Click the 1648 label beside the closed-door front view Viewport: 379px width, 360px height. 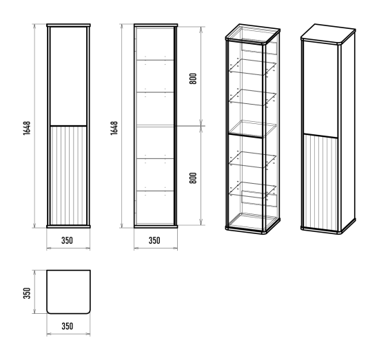tap(27, 128)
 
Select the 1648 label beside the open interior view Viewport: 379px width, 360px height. tap(114, 128)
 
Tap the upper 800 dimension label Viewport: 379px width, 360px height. tap(193, 78)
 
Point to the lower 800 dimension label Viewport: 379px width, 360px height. tap(193, 178)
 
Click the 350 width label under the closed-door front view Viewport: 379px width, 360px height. tap(67, 240)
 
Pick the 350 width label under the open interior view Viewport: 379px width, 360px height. tap(154, 240)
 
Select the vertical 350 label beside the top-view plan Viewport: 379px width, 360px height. tap(27, 293)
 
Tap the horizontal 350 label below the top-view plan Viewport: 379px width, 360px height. tap(68, 326)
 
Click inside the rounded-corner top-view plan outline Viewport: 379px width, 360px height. tap(68, 292)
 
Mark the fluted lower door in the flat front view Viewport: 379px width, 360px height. tap(68, 176)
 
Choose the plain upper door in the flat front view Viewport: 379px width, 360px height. tap(68, 76)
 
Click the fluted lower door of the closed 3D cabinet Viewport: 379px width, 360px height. tap(320, 184)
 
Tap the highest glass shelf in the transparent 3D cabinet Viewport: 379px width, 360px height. tap(253, 66)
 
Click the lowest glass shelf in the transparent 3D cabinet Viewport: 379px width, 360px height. tap(253, 189)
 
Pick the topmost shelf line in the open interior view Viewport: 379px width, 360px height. tap(155, 60)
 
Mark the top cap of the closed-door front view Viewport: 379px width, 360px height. tap(68, 25)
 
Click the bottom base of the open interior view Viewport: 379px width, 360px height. tap(156, 226)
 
